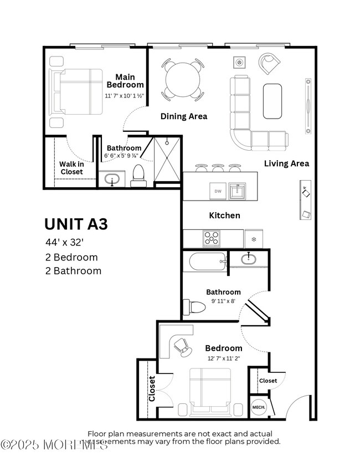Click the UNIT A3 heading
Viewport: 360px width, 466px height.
(x=76, y=224)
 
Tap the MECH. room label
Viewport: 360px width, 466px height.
(x=259, y=407)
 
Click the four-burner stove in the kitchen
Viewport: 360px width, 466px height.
(x=212, y=238)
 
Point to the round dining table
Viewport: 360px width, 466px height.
(x=183, y=79)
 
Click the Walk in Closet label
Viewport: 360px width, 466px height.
(x=71, y=167)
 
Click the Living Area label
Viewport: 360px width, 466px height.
(x=286, y=163)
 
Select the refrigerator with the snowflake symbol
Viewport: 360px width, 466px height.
(x=254, y=239)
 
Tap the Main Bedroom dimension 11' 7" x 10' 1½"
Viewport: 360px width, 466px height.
(x=125, y=95)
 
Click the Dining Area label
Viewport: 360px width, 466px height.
(x=183, y=116)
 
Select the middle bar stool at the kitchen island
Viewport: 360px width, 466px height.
(x=218, y=167)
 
